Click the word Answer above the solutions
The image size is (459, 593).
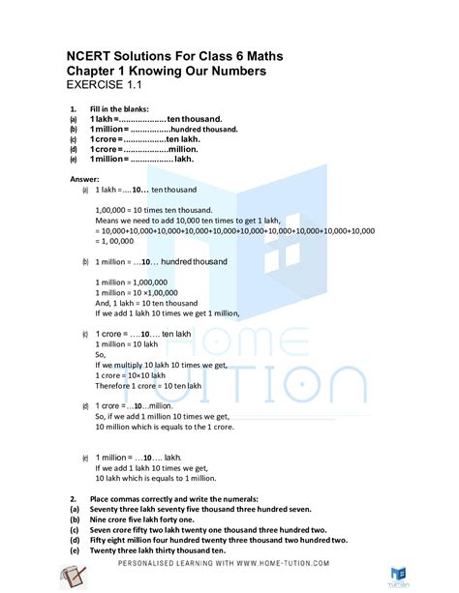point(91,180)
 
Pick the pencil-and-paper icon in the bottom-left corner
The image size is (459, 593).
point(75,577)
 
